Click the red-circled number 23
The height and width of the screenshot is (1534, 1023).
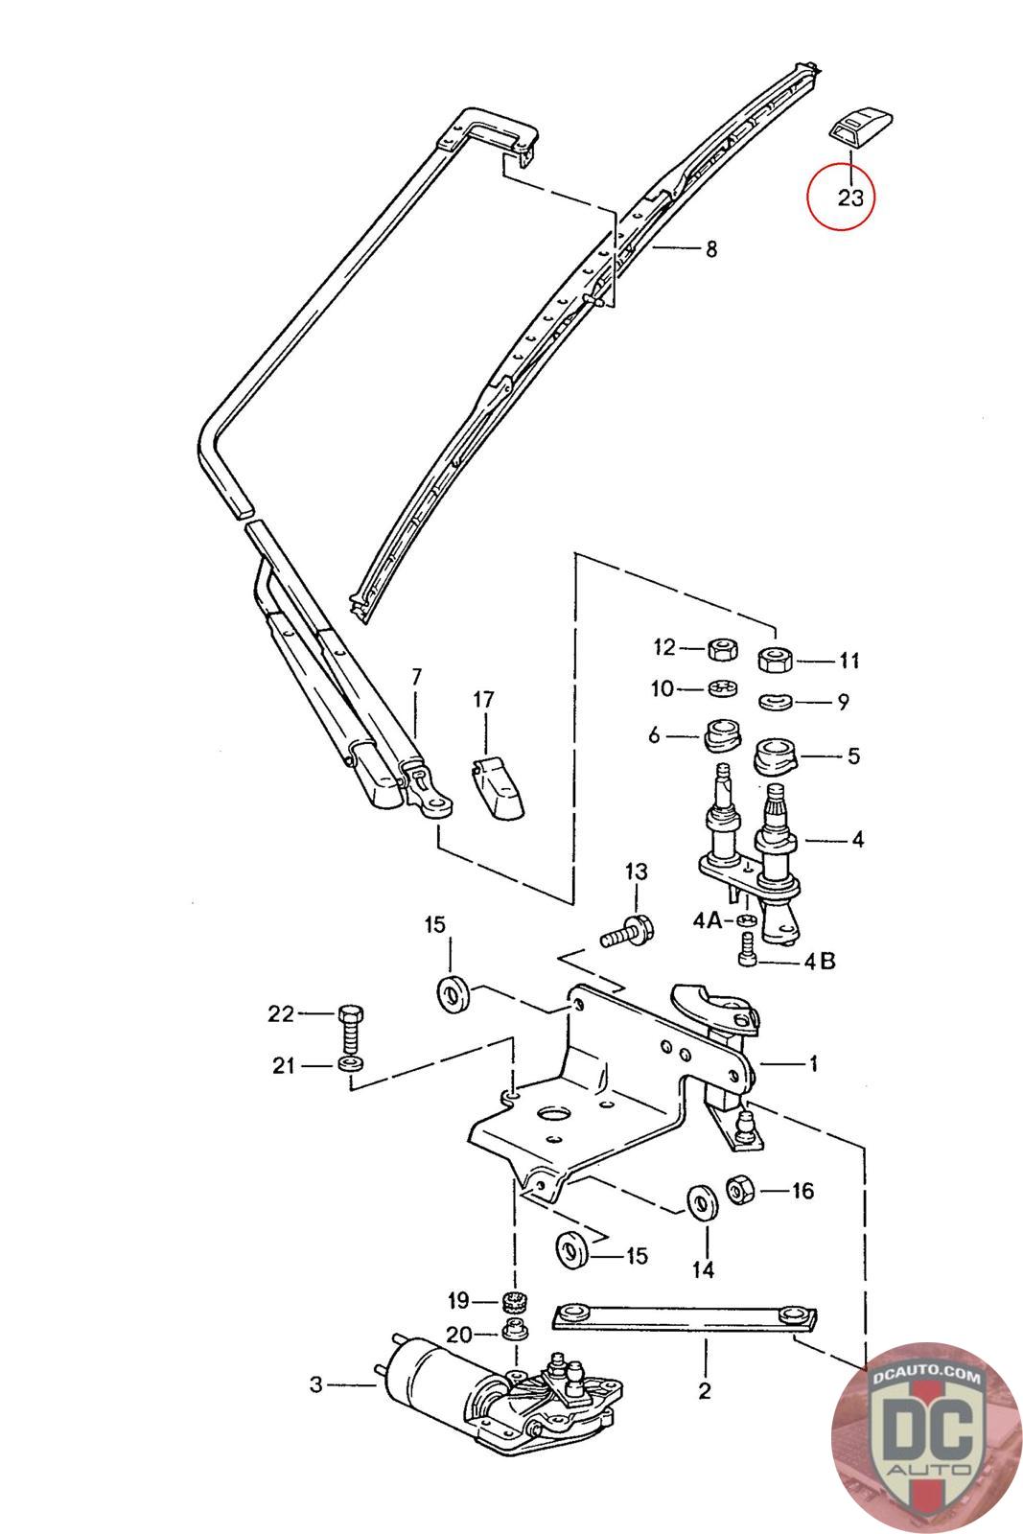851,198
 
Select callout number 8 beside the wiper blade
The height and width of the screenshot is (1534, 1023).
711,248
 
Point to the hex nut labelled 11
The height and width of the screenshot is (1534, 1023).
775,659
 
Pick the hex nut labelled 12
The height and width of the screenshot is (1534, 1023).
722,647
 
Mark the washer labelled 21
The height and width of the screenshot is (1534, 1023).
351,1065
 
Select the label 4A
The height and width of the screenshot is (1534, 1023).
708,919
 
